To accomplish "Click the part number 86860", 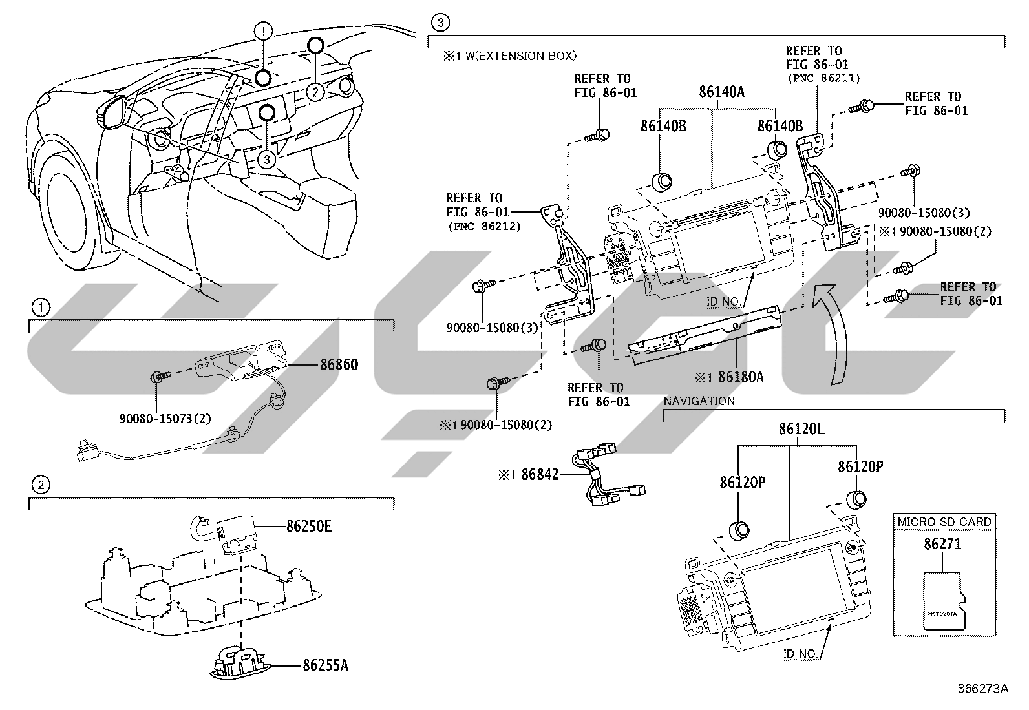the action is point(339,364).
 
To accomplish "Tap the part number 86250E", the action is point(309,527).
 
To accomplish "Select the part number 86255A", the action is point(325,665).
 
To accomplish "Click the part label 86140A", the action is point(722,92).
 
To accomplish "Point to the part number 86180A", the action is point(741,377).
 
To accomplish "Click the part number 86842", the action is point(540,474).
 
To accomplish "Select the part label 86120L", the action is point(801,429).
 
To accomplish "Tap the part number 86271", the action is point(942,544).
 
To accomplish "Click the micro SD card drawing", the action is point(944,601).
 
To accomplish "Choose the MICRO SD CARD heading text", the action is point(944,522).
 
